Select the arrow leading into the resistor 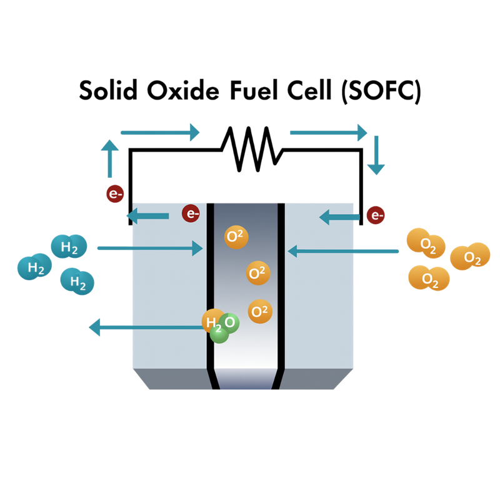coord(159,132)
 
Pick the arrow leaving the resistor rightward coord(329,132)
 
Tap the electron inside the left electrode coord(191,213)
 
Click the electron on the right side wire coord(376,215)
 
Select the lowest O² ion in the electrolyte coord(260,311)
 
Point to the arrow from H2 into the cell coord(150,249)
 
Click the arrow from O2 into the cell coord(343,251)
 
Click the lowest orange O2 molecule coord(429,278)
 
